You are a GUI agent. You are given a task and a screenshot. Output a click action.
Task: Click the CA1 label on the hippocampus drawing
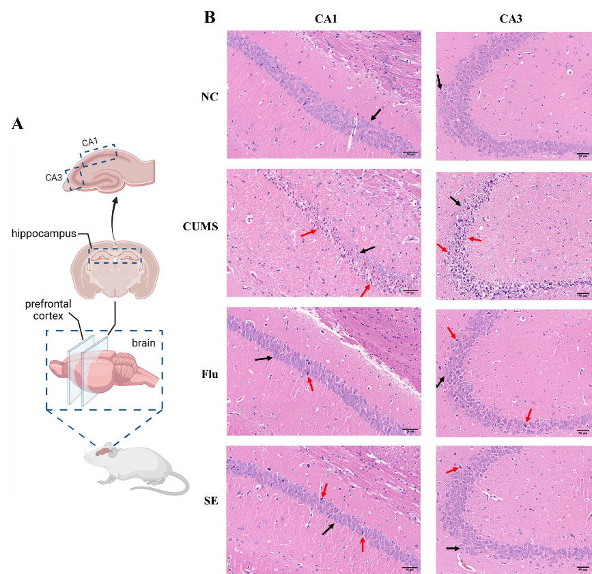coord(89,142)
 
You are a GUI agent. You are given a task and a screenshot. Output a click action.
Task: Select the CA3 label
coord(54,178)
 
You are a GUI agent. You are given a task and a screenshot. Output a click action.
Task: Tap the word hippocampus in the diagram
coord(43,234)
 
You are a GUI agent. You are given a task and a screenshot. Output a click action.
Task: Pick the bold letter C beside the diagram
coord(186,227)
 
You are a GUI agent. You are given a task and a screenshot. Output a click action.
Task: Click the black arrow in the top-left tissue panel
coord(375,115)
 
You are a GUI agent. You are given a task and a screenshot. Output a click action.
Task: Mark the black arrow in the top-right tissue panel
coord(439,82)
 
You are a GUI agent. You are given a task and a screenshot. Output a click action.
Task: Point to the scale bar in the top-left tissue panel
coord(410,152)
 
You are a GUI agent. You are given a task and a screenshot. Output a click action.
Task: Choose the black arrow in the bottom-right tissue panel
coord(453,548)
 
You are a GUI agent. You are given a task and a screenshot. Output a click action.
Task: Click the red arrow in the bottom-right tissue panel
coord(452,470)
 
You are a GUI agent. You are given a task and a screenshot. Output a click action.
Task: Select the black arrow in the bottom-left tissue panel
coord(328,529)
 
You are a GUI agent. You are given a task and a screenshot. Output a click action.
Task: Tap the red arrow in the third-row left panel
coord(311,384)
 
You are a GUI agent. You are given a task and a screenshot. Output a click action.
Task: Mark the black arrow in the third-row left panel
coord(264,358)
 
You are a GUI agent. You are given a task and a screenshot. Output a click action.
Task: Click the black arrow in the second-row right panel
coord(455,201)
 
